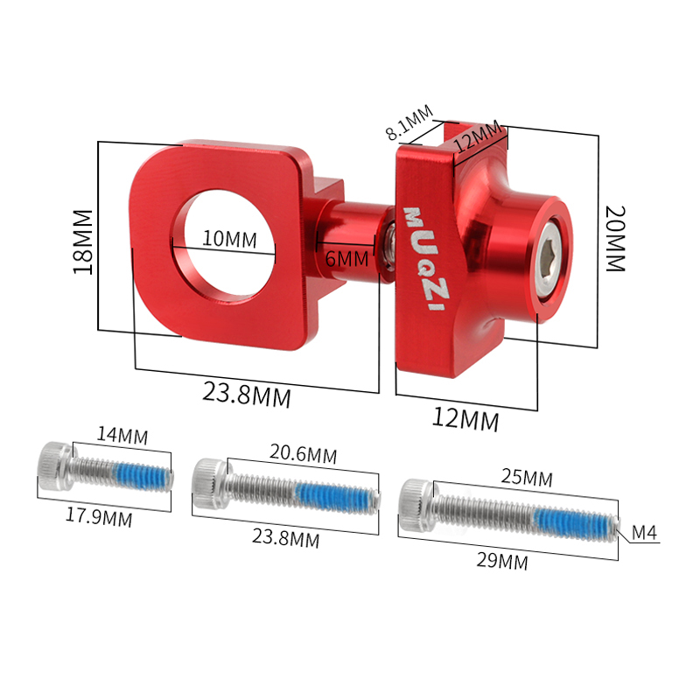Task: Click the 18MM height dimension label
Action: (82, 242)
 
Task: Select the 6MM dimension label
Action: (347, 259)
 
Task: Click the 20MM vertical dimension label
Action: (615, 239)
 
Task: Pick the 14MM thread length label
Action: (122, 435)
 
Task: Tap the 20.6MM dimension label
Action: (303, 455)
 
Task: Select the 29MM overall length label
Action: (502, 562)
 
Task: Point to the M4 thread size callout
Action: (645, 533)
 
